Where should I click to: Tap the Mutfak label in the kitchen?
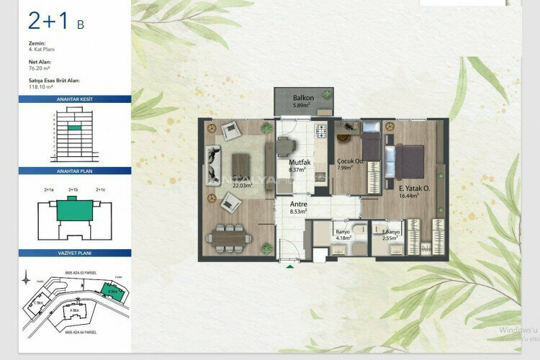299,163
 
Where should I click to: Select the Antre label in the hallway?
298,204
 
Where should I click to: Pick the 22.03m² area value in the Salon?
242,185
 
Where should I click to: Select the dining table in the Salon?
230,235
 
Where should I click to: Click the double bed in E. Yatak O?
408,161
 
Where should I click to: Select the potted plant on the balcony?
327,94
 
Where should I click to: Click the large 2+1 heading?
48,22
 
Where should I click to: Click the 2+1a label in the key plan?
50,190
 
